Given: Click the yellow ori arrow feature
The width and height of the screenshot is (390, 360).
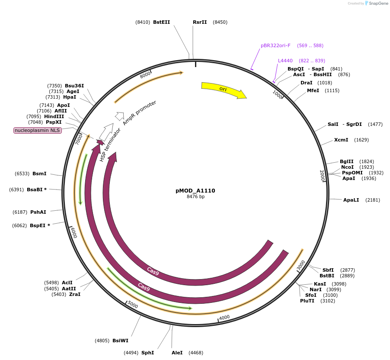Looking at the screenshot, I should click(x=223, y=90).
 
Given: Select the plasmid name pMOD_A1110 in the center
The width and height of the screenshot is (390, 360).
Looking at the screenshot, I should click(x=195, y=190).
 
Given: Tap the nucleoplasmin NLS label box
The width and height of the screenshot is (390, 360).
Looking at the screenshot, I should click(x=38, y=130).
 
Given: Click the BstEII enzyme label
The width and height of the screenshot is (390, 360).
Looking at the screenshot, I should click(x=161, y=22).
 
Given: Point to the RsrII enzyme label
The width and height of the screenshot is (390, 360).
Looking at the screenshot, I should click(x=200, y=22).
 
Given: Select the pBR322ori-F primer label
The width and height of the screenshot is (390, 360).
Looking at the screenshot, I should click(x=275, y=45).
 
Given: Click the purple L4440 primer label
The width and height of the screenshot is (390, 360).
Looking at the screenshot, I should click(x=285, y=61).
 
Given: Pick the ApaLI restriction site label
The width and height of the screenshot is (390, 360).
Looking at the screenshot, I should click(x=351, y=200).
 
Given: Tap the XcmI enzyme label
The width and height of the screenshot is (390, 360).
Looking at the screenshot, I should click(x=341, y=140).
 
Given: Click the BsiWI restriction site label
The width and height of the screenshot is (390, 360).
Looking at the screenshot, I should click(x=120, y=341).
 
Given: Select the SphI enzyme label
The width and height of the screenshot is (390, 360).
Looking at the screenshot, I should click(x=147, y=353).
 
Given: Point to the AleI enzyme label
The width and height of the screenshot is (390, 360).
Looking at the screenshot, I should click(x=177, y=353).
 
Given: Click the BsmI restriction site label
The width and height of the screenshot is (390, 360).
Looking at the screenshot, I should click(x=39, y=174).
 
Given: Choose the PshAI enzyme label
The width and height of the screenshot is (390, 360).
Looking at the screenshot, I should click(x=38, y=212).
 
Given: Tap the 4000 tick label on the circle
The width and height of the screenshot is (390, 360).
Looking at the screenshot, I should click(x=224, y=318).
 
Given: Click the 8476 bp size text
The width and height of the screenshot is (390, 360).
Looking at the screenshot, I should click(x=195, y=196).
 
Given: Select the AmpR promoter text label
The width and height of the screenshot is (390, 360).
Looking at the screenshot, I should click(x=139, y=112).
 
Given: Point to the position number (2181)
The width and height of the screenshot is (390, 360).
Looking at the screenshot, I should click(x=373, y=200).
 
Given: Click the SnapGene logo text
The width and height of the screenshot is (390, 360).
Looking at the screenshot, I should click(x=378, y=3).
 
